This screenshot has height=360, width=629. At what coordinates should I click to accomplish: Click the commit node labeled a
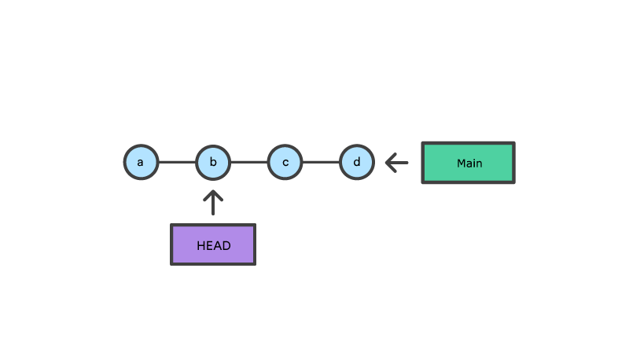141,163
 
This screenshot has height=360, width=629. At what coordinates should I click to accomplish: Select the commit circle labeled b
213,163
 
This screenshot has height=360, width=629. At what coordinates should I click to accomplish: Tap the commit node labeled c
285,163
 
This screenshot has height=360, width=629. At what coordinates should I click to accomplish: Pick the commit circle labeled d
357,163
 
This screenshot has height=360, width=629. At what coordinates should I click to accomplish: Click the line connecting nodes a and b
177,163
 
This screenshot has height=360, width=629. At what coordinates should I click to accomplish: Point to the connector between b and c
248,163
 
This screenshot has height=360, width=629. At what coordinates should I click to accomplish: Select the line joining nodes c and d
321,163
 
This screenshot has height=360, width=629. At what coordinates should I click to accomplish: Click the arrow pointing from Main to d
397,163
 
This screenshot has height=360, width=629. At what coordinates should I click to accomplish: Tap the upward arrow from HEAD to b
213,203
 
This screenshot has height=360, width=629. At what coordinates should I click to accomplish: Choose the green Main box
468,163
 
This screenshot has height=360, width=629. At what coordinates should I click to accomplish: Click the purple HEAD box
213,244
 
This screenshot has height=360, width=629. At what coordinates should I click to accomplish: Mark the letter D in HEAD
226,246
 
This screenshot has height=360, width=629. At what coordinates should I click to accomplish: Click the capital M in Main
461,163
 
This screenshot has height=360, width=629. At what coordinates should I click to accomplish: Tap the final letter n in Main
479,163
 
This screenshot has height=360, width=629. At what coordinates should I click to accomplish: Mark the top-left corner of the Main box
423,143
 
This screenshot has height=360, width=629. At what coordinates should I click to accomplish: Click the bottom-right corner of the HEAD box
254,263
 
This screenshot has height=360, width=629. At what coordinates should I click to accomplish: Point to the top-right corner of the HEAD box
254,226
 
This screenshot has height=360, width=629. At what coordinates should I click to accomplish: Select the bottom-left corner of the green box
423,182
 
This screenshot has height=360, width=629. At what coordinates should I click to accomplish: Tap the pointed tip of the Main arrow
387,163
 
